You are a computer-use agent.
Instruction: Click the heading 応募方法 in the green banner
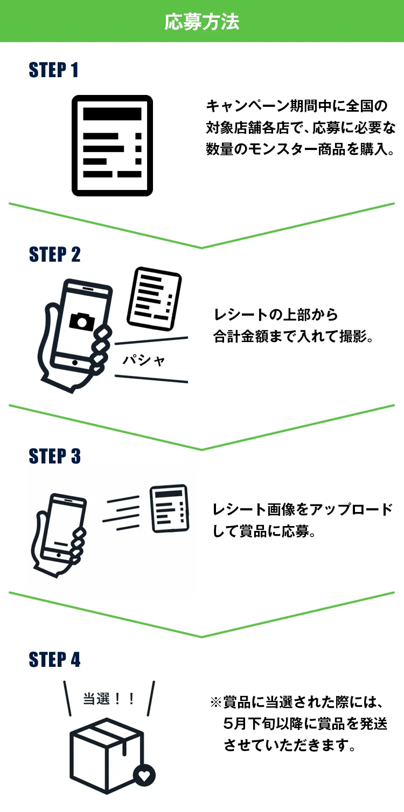[201, 22]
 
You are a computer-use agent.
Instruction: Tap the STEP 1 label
[54, 70]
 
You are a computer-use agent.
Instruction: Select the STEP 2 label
[55, 255]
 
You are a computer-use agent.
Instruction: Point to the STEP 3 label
[55, 456]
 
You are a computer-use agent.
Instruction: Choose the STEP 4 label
[55, 660]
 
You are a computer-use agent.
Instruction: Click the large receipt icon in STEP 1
[113, 145]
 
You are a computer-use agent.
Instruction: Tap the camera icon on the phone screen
[82, 321]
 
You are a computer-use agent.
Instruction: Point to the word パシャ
[143, 360]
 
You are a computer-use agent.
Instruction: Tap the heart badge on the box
[144, 776]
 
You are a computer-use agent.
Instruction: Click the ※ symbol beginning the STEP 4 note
[216, 702]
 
